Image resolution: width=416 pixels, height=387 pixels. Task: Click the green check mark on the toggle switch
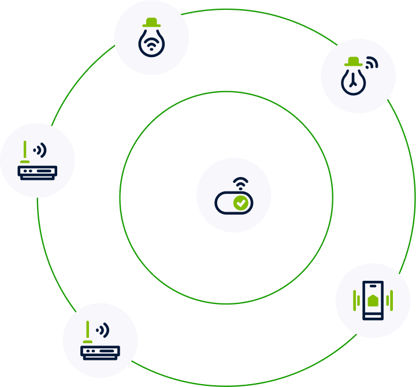[241, 202]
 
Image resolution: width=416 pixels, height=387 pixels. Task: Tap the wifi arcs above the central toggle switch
[241, 184]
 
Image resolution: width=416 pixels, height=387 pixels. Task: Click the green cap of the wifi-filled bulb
[151, 22]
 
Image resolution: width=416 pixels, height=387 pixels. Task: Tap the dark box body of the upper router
[38, 172]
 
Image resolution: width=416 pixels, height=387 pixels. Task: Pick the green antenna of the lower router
[88, 331]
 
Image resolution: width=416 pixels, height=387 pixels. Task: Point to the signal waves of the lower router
[103, 330]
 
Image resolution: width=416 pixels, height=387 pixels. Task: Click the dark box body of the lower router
[100, 352]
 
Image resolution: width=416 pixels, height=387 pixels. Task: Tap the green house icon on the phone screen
[373, 300]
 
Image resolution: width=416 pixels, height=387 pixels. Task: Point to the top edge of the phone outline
[373, 281]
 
